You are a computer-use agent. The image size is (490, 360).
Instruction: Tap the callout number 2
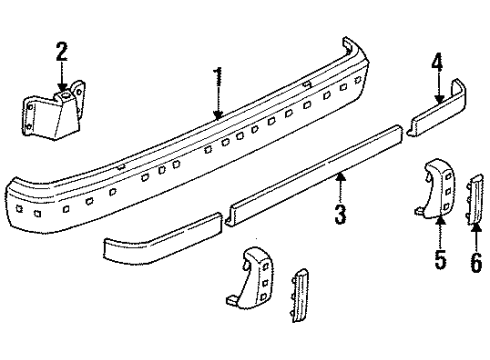(x=62, y=52)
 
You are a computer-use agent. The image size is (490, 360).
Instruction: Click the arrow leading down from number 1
(x=218, y=105)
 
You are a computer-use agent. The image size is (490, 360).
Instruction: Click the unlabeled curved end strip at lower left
(x=160, y=248)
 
